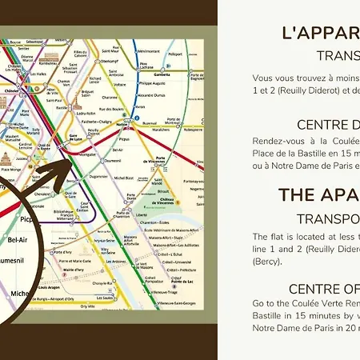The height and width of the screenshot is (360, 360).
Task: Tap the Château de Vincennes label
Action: pos(164,210)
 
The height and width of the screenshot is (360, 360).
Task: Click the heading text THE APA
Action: pos(318,194)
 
